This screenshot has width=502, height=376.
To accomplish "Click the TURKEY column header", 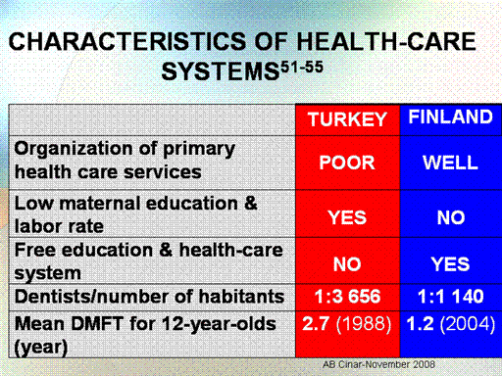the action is click(347, 119).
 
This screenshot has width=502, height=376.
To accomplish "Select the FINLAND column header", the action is click(451, 117).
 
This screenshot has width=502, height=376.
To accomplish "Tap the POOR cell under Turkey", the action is click(347, 163).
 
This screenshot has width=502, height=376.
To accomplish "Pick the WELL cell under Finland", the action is click(451, 163).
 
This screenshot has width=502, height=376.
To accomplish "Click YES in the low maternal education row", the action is click(347, 217).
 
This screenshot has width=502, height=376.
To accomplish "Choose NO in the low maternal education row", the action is click(451, 217).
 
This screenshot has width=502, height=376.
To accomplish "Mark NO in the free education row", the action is click(347, 264).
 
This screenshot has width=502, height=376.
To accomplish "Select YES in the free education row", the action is click(450, 264).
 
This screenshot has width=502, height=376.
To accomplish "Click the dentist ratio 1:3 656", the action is click(347, 297).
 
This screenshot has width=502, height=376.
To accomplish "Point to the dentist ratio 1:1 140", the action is click(451, 297).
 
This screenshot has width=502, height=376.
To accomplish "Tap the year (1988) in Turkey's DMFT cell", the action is click(364, 324).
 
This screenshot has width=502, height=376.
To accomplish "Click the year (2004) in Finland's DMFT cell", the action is click(468, 324).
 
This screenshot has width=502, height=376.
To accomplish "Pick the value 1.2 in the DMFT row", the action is click(420, 324).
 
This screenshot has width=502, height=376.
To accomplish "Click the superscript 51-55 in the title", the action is click(302, 68).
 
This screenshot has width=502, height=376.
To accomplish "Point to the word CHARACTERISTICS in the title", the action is click(127, 41).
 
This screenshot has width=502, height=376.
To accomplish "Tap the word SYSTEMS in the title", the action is click(221, 71).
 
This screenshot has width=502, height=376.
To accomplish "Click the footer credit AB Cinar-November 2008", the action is click(378, 364).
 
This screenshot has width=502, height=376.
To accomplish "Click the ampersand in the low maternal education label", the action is click(251, 203).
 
